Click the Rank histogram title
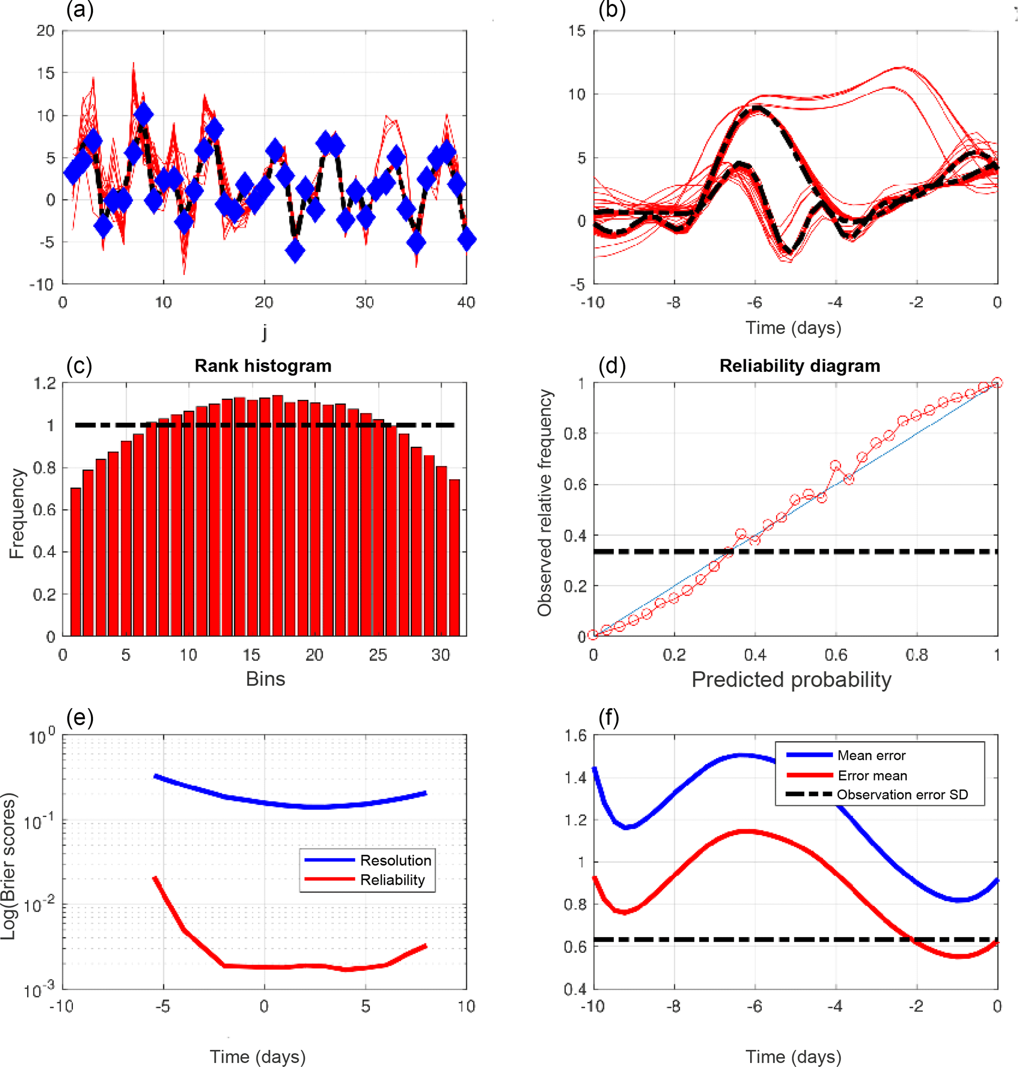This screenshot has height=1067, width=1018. (263, 366)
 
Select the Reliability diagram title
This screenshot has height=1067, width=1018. (799, 366)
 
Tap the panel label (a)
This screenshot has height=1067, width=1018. (80, 10)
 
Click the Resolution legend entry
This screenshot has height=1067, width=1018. (395, 860)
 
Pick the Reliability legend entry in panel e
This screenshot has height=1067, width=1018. (392, 879)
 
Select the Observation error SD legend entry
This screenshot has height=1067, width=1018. (902, 795)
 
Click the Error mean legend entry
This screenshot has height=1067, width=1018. (872, 776)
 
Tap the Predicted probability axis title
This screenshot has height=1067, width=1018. (791, 679)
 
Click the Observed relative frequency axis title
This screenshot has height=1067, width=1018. (544, 502)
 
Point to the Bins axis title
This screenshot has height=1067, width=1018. (265, 679)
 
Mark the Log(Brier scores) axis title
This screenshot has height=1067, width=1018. (9, 866)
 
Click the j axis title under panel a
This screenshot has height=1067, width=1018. (264, 330)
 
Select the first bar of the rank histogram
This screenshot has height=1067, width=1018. (76, 561)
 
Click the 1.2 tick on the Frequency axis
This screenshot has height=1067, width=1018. (45, 384)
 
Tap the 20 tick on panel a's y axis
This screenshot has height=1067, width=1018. (46, 31)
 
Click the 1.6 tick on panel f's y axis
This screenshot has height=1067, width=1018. (576, 736)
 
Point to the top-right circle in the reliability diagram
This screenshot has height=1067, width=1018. (997, 383)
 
